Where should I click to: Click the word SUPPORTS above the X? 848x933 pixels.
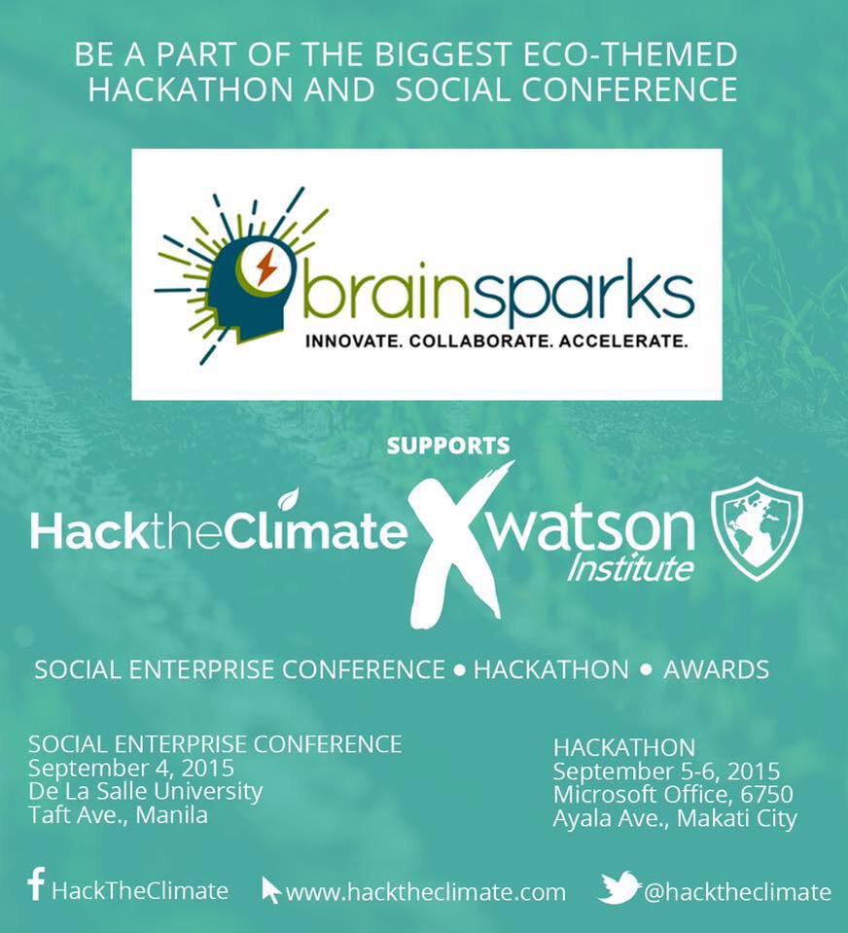pos(448,447)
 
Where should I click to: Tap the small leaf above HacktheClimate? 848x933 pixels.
pos(288,500)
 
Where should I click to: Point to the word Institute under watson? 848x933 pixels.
pos(630,568)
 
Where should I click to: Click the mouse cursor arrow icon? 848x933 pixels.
pos(271,889)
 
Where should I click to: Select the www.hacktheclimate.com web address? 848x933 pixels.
pos(426,892)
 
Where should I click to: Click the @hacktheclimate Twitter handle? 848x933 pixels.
pos(738,892)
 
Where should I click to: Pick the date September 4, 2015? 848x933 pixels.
pos(131,769)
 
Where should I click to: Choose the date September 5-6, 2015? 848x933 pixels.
pos(666,772)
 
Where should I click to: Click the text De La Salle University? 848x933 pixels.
pos(146,791)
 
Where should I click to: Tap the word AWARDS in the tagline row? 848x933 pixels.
pos(716,669)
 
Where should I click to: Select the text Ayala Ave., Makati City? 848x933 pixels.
pos(675,819)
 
